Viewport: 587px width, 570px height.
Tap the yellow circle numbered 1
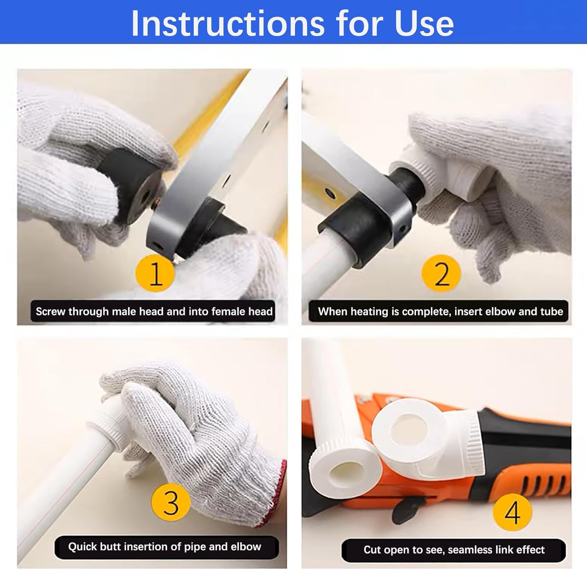pyautogui.click(x=155, y=273)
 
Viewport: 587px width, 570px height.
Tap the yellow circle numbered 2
pyautogui.click(x=441, y=273)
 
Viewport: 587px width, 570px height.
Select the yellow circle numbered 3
pyautogui.click(x=171, y=502)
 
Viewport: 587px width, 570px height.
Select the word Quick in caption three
pyautogui.click(x=82, y=547)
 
